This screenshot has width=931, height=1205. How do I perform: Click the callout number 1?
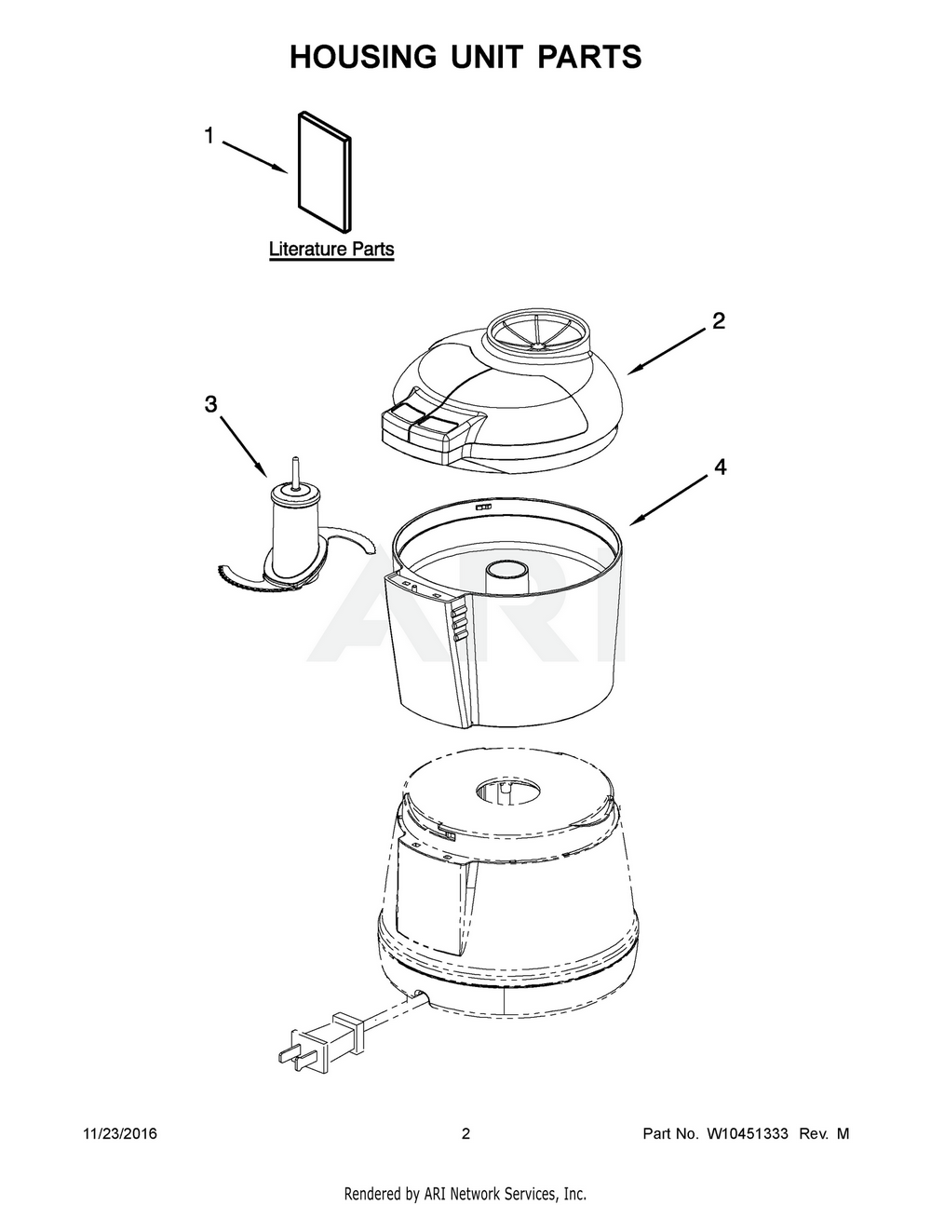[x=209, y=136]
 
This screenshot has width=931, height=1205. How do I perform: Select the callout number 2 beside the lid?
[x=718, y=321]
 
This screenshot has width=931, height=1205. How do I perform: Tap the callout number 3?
[x=210, y=403]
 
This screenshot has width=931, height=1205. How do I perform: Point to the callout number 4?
[x=719, y=467]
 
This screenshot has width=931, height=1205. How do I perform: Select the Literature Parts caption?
[x=331, y=250]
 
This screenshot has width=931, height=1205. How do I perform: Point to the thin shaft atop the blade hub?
[x=294, y=470]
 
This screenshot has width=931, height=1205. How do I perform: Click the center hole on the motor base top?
[x=508, y=792]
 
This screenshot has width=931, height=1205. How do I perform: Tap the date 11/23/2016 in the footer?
[x=120, y=1134]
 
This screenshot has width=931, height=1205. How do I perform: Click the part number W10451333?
[x=748, y=1134]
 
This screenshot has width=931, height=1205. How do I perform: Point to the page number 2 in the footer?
[x=466, y=1134]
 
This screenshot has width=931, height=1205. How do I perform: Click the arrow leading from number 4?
[x=670, y=499]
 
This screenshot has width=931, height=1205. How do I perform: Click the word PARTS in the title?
[x=587, y=57]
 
